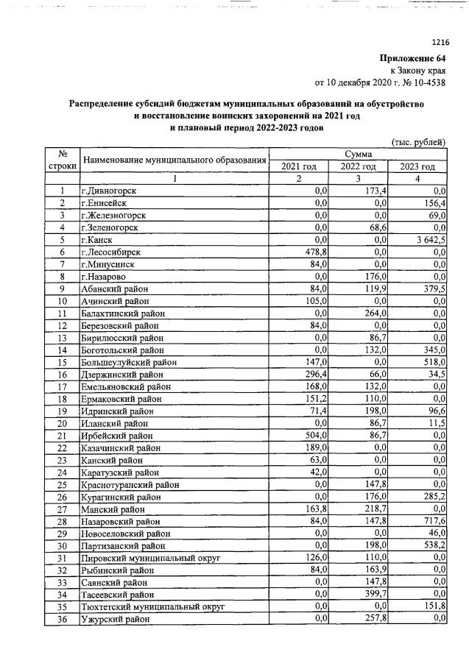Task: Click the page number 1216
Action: pyautogui.click(x=437, y=43)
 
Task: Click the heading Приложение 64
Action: pyautogui.click(x=413, y=59)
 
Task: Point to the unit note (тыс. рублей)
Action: pyautogui.click(x=417, y=141)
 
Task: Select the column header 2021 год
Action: pyautogui.click(x=299, y=166)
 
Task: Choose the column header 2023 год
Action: pyautogui.click(x=417, y=166)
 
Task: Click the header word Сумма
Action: pyautogui.click(x=358, y=154)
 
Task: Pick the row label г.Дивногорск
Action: pyautogui.click(x=112, y=191)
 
